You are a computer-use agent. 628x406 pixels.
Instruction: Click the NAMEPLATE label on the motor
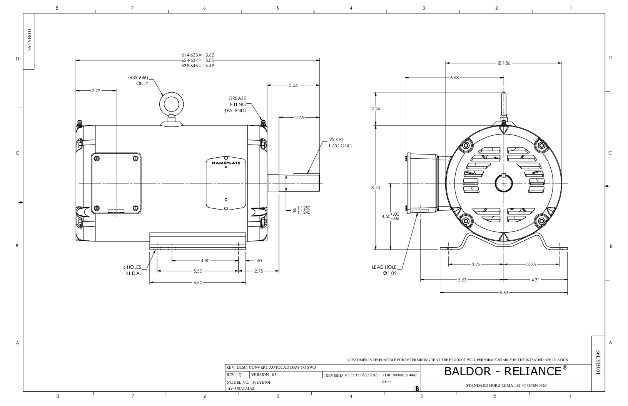[x=226, y=163]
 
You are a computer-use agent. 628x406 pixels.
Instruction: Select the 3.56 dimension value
[x=293, y=85]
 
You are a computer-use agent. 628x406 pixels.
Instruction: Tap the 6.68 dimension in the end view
[x=454, y=78]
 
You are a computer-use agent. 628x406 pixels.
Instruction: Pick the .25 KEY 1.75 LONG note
[x=339, y=143]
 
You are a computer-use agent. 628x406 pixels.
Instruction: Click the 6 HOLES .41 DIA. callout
[x=130, y=270]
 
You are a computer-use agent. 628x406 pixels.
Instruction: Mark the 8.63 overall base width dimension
[x=504, y=293]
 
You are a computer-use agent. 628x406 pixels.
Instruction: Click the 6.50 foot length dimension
[x=197, y=283]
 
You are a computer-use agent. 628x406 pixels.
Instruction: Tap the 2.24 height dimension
[x=375, y=109]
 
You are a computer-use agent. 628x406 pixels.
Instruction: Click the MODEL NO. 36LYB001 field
[x=249, y=383]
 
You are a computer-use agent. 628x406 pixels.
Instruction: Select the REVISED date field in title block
[x=352, y=375]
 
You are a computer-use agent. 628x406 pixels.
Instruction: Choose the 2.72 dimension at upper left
[x=96, y=91]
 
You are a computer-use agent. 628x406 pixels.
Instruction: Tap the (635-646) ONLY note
[x=138, y=80]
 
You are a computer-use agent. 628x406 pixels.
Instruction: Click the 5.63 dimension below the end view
[x=462, y=280]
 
